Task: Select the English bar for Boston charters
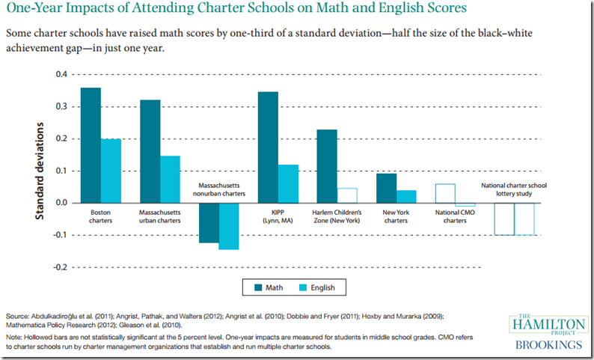click(111, 171)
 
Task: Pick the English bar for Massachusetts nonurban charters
click(229, 225)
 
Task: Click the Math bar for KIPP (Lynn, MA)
click(268, 147)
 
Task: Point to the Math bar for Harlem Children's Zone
click(327, 165)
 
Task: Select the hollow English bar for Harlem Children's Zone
click(347, 195)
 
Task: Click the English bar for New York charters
click(406, 196)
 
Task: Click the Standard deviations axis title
click(41, 171)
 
